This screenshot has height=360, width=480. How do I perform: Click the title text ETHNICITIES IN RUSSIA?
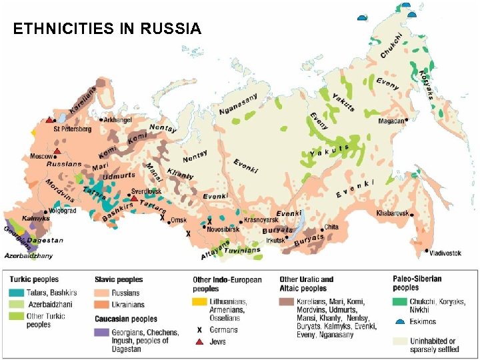(107, 29)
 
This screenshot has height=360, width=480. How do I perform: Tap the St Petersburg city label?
(72, 129)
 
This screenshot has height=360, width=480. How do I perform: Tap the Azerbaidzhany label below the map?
(28, 255)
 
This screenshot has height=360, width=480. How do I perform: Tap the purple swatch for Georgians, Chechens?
(102, 331)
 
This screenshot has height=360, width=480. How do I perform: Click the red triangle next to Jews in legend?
(199, 341)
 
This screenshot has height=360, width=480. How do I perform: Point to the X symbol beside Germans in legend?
(199, 329)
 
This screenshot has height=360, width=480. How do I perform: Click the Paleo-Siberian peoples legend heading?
(416, 283)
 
